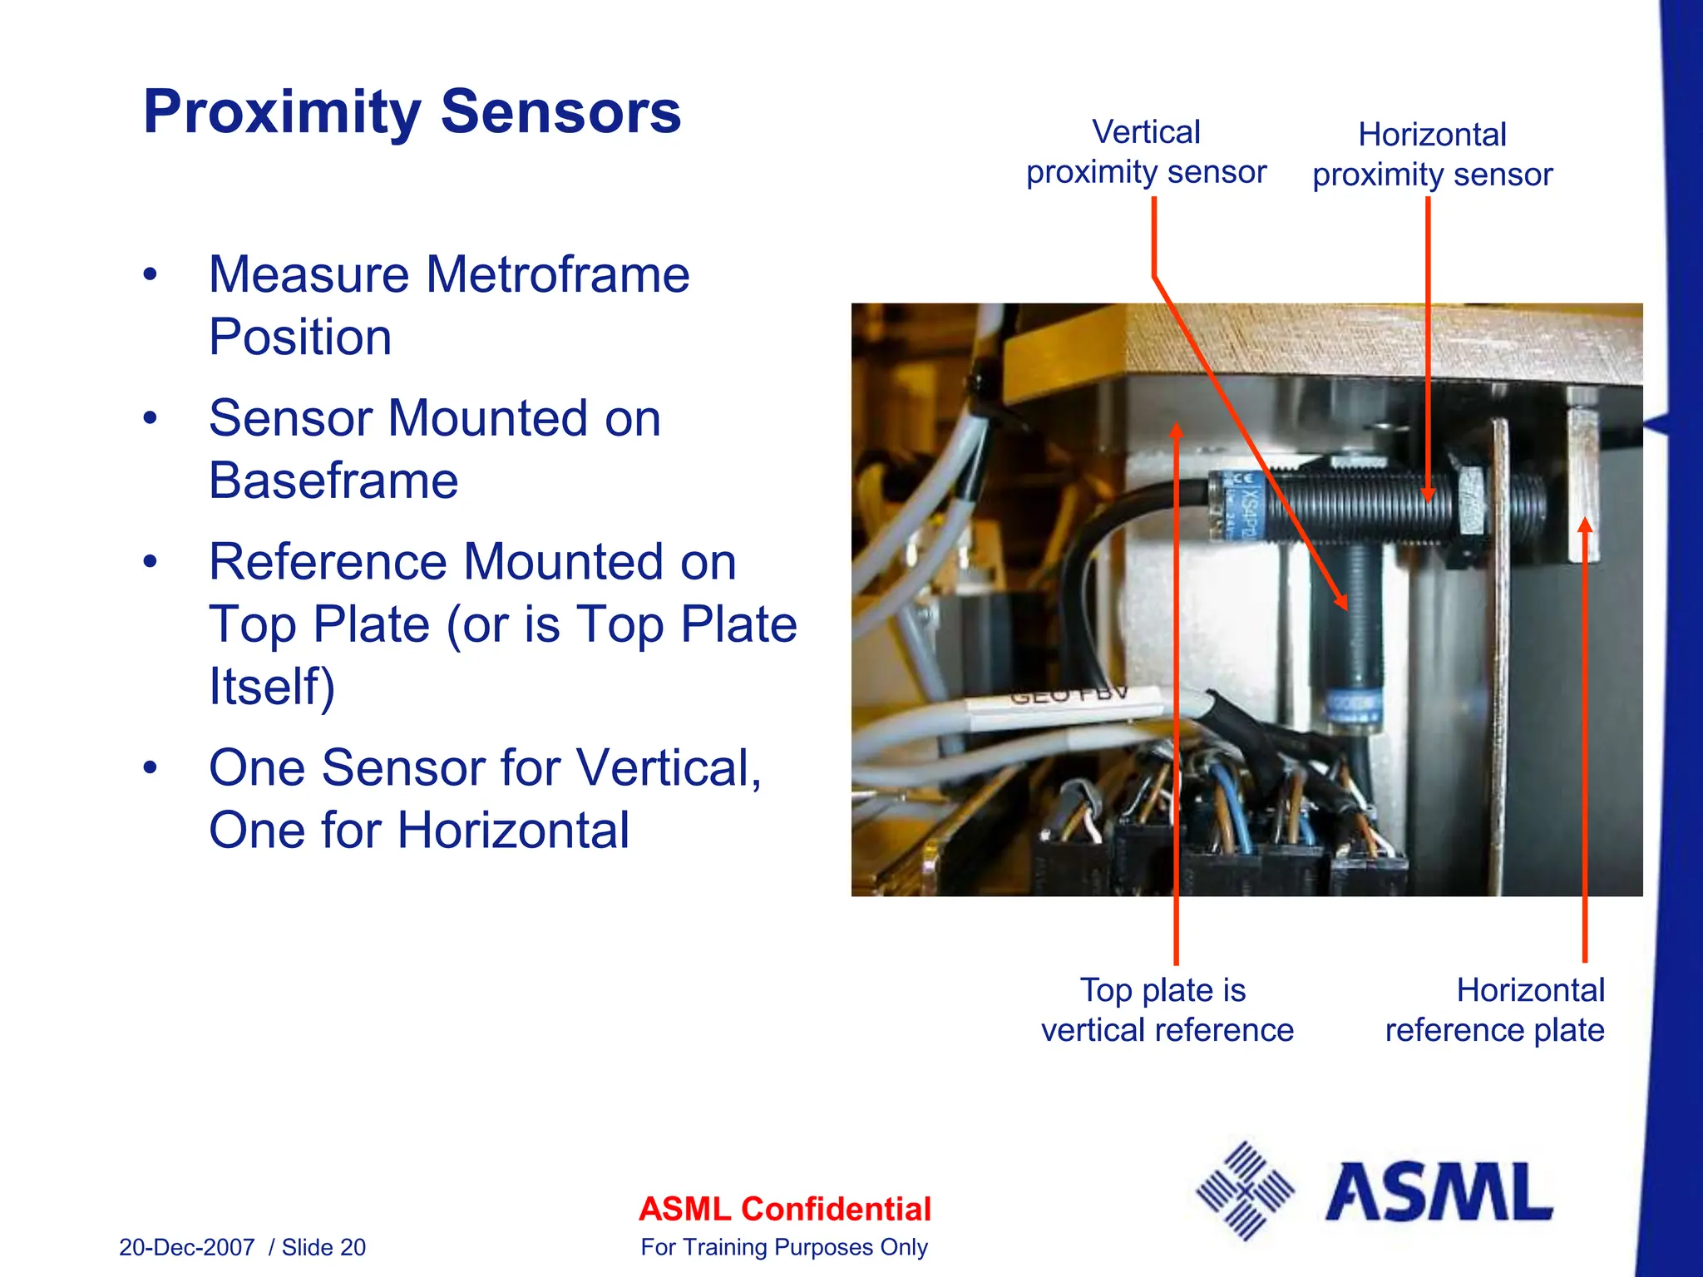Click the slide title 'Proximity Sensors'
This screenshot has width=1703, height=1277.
(x=412, y=112)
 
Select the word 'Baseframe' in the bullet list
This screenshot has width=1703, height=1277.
(x=333, y=481)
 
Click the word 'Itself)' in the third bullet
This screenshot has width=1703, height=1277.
(x=272, y=687)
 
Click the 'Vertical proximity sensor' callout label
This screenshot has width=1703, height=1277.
(x=1146, y=152)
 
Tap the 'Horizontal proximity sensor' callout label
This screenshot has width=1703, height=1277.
(x=1432, y=155)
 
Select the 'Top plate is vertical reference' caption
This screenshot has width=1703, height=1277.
(x=1167, y=1010)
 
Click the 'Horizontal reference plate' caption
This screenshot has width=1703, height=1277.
(x=1494, y=1010)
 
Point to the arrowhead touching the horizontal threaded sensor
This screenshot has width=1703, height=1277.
(x=1428, y=496)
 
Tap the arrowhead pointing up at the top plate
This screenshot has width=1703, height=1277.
(x=1176, y=431)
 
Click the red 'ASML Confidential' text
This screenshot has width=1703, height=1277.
(x=784, y=1209)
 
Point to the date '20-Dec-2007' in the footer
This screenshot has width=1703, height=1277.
(x=186, y=1247)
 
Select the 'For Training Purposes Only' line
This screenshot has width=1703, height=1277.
(x=783, y=1247)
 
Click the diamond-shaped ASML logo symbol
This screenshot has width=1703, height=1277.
(x=1245, y=1191)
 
